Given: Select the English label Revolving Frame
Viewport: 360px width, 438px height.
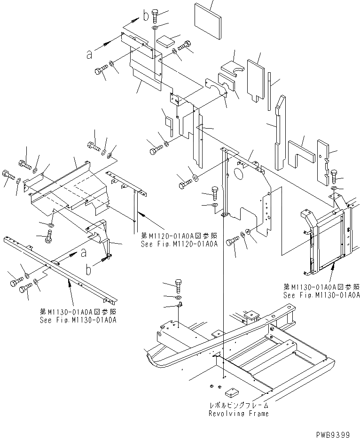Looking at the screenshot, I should click(239, 414).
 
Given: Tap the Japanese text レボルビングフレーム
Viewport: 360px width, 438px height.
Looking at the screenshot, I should click(239, 405).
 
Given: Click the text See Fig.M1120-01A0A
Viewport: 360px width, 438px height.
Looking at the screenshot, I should click(179, 244).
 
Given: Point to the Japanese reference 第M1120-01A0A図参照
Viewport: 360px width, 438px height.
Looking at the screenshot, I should click(179, 236).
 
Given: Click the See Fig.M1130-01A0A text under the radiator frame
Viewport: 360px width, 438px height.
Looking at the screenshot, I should click(321, 295).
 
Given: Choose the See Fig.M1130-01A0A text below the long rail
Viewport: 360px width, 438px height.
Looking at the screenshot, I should click(78, 320).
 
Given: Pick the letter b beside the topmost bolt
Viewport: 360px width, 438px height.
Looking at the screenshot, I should click(146, 16).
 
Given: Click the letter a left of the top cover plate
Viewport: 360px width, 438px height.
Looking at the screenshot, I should click(89, 54).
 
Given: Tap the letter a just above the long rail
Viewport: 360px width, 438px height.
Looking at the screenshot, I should click(83, 252).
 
